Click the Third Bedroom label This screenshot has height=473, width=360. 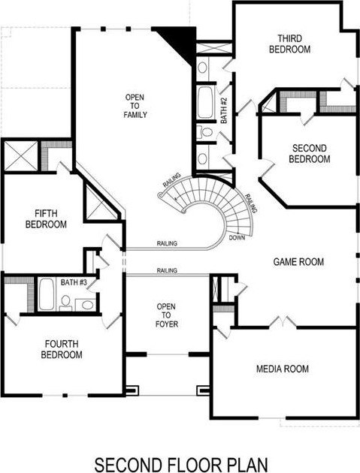(x=289, y=44)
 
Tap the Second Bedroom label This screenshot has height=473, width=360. (x=309, y=154)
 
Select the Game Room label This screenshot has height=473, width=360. (x=298, y=261)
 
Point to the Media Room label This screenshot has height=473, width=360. (x=283, y=369)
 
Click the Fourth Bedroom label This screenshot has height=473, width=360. (x=62, y=349)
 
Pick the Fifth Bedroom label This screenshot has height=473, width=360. (x=46, y=218)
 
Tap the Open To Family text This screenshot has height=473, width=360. (x=135, y=106)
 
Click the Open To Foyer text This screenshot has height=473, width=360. (x=166, y=315)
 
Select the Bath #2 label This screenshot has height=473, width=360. (x=224, y=110)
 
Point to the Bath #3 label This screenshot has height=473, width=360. (x=74, y=282)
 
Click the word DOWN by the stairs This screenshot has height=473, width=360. (x=237, y=238)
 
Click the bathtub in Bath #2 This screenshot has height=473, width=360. (x=205, y=103)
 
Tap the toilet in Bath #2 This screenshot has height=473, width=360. (x=204, y=132)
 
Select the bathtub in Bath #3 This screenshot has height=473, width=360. (x=46, y=294)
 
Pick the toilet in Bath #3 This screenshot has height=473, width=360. (x=65, y=303)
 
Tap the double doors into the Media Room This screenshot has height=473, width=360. (x=283, y=321)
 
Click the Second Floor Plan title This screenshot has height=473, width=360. (x=181, y=465)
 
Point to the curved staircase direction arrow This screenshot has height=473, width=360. (x=180, y=197)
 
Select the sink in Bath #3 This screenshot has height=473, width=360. (x=87, y=305)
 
